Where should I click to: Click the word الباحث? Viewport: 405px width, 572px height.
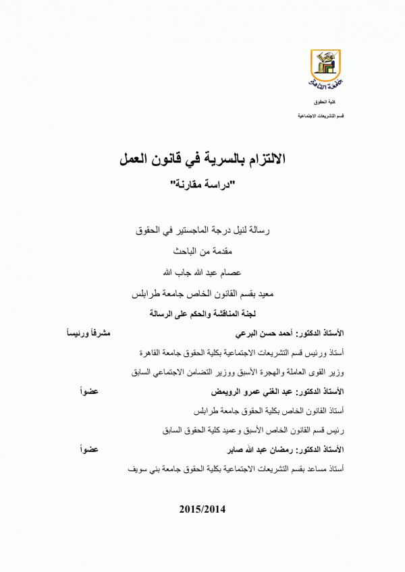187,252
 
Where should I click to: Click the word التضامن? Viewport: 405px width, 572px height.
195,372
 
